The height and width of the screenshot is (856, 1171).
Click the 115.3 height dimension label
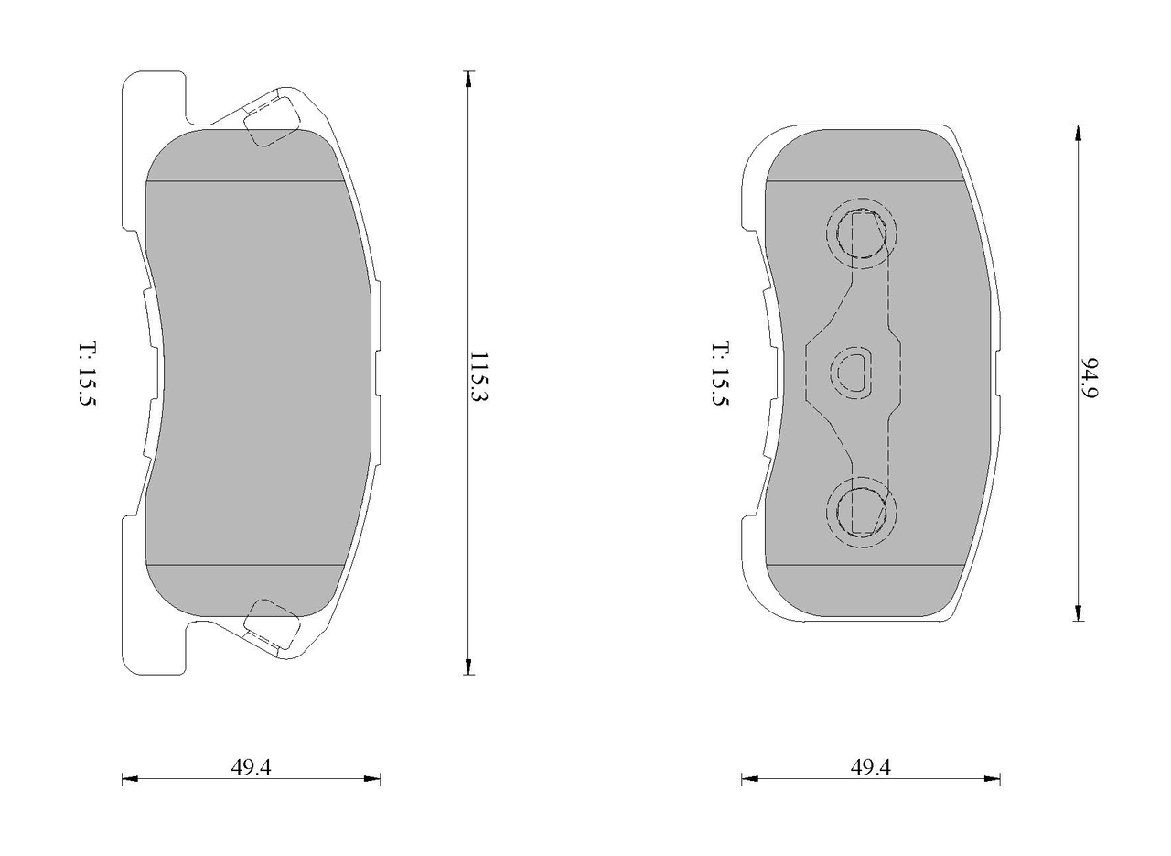tap(478, 376)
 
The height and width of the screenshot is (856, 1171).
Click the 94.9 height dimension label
tap(1090, 378)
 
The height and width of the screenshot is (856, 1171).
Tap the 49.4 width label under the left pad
tap(251, 767)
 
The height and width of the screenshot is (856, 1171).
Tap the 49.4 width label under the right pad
tap(870, 767)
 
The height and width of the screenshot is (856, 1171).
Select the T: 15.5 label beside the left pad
tap(88, 374)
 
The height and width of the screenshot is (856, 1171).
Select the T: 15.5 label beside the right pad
tap(720, 374)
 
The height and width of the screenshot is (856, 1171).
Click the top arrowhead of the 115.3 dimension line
tap(468, 79)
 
